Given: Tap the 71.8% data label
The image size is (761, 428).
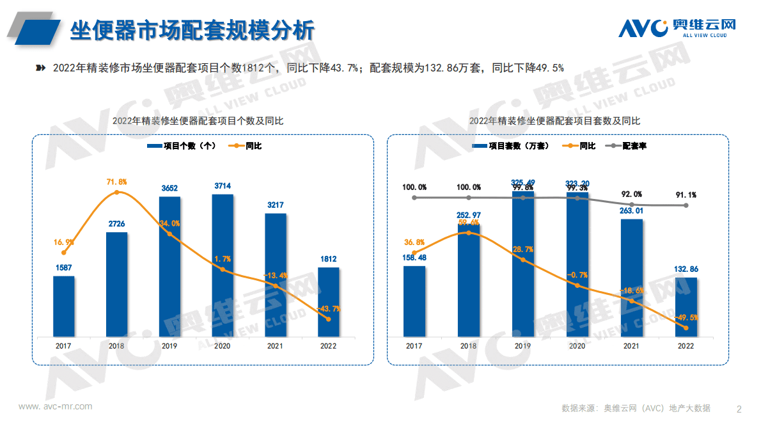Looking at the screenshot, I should coord(116,182).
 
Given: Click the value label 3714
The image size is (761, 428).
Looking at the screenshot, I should coord(223,186).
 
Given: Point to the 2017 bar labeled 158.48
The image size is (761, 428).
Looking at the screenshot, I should coord(414,301).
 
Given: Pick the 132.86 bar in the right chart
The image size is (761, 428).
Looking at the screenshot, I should coord(686,306).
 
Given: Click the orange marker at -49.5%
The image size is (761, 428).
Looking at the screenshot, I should coord(686,328).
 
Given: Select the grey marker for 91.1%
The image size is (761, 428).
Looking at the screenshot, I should coord(686,205).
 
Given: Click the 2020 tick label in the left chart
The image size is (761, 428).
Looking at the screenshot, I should coord(223,345).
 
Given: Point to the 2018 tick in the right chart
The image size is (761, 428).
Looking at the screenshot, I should coord(468,345).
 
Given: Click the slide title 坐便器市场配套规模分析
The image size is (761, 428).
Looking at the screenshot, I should coord(192,29).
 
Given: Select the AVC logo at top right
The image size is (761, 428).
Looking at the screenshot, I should coord(677,28).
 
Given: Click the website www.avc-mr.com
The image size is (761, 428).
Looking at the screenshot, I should coord(56,406).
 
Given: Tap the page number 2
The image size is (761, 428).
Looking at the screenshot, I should coord(739,409).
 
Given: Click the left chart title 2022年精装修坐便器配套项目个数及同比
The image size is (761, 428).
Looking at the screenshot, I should coord(198,120).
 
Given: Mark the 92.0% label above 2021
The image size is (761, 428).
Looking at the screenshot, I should coord(632,194).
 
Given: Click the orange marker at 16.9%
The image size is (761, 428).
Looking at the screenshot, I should coord(63,253).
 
